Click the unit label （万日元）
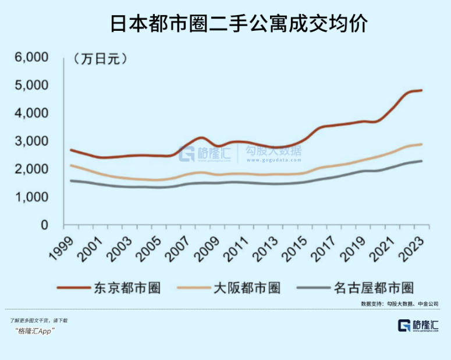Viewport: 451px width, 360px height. (x=100, y=58)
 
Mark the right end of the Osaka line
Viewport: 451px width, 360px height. (x=421, y=144)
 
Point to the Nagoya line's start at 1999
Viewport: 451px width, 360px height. (x=71, y=180)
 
